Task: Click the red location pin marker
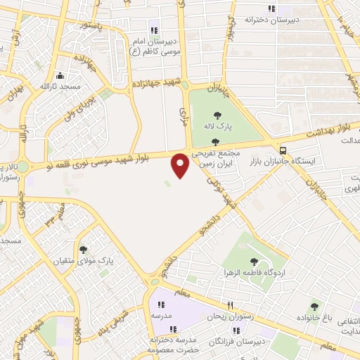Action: coord(181,165)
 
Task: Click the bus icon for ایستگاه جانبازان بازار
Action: coord(283,150)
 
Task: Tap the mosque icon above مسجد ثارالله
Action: coord(60,76)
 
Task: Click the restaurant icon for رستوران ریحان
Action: coord(229,305)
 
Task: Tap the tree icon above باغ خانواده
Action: coord(314,306)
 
